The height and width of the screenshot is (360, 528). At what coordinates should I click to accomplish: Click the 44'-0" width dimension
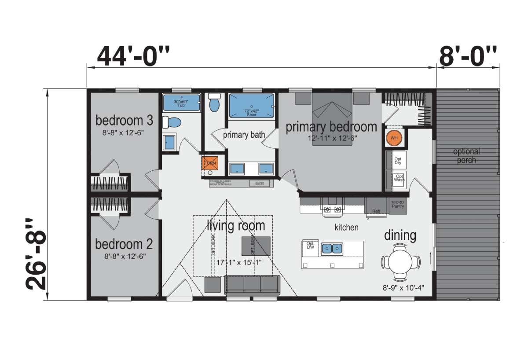click(133, 56)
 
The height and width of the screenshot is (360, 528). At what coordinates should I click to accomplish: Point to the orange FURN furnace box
click(210, 163)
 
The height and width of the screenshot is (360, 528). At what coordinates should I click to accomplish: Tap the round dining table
click(400, 262)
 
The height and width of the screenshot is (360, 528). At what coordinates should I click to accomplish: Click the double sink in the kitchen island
click(331, 249)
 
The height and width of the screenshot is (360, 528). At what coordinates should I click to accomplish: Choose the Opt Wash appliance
click(398, 179)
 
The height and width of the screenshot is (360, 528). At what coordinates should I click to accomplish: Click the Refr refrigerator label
click(376, 211)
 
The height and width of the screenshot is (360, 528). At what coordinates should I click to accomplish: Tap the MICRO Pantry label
click(397, 204)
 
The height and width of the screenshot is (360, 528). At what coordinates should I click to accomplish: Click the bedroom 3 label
click(119, 120)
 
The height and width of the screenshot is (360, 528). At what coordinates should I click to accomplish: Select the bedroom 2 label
click(118, 244)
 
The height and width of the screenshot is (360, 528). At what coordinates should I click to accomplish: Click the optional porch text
click(466, 156)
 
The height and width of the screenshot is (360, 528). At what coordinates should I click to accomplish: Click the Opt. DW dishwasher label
click(310, 245)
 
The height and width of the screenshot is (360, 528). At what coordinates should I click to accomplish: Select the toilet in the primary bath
click(215, 104)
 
